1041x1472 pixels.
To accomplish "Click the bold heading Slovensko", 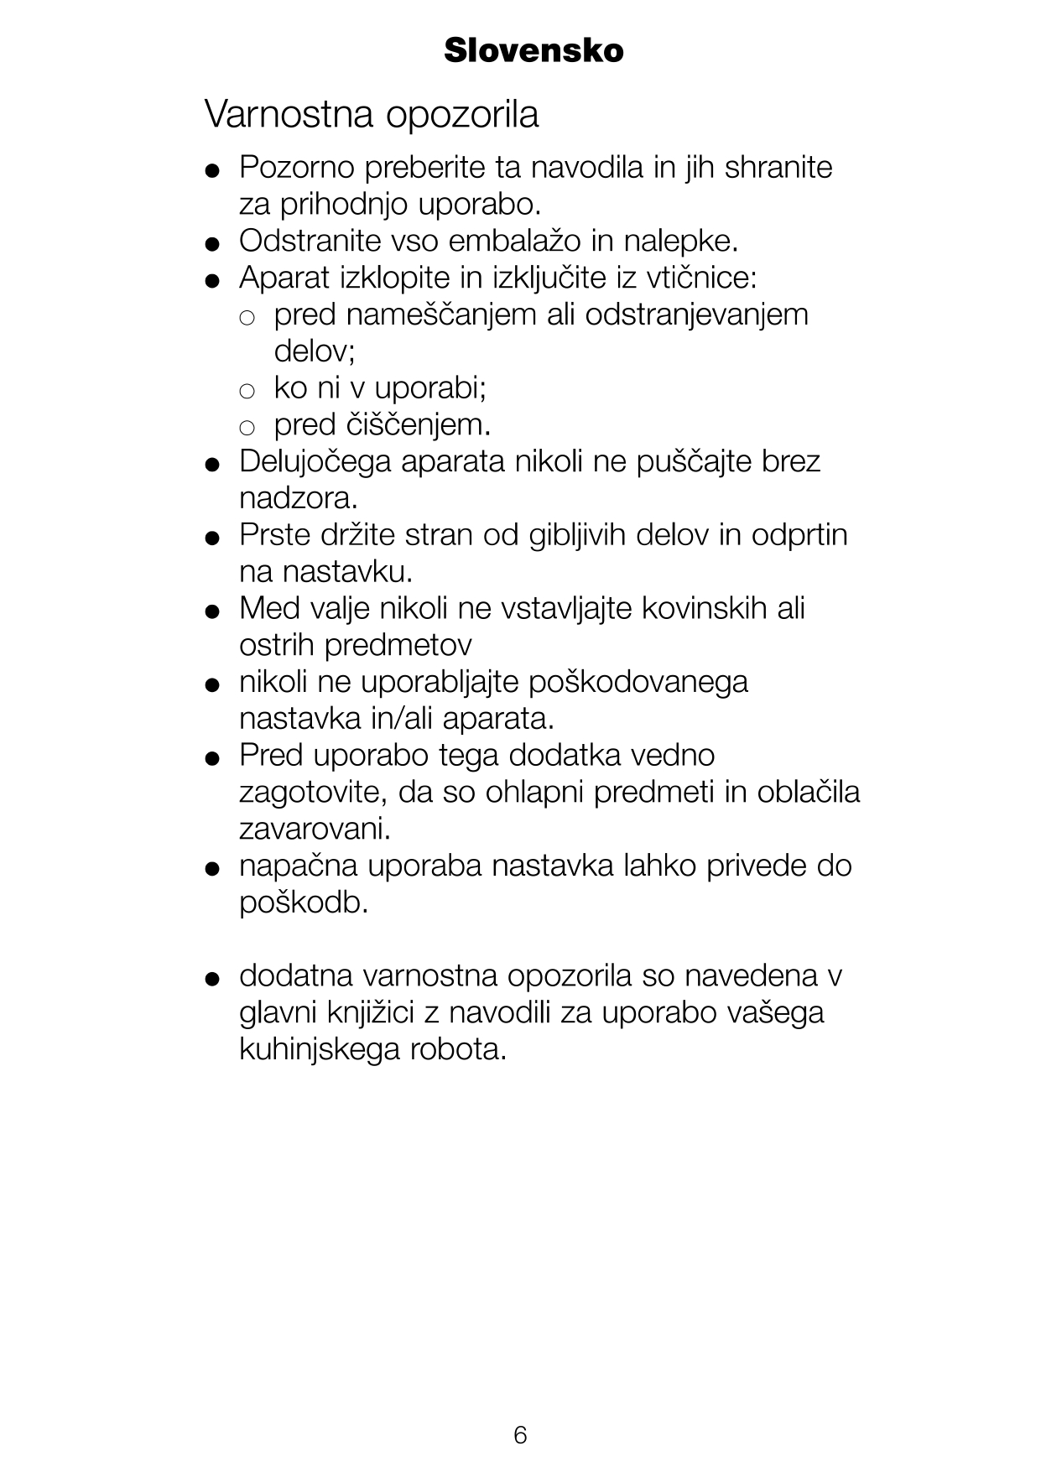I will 534,51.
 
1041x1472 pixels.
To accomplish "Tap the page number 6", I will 520,1434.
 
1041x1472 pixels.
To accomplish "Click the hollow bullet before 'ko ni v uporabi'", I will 247,391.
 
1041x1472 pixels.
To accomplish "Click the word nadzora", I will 298,499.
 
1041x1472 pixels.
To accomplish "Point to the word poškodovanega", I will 638,682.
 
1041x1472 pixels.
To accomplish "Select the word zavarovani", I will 315,830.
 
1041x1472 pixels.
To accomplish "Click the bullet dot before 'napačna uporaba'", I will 212,868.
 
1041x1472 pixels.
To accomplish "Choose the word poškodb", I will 304,903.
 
